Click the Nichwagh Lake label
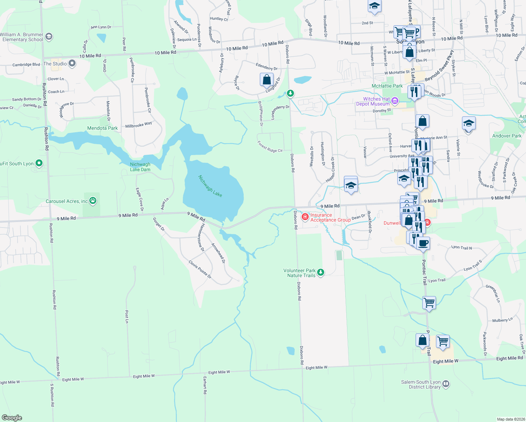coord(210,186)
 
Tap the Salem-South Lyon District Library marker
coord(445,384)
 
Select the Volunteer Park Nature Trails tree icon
coord(320,273)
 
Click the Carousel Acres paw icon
coord(93,201)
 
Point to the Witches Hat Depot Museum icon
coord(394,101)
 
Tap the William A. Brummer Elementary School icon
coord(49,36)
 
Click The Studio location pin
coord(72,64)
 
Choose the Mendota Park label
coord(102,128)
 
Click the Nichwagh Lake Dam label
coord(140,167)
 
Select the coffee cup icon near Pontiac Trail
coord(423,243)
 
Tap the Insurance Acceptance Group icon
coord(305,217)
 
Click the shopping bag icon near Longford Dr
coord(267,79)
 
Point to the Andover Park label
coord(507,136)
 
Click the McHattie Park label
coord(387,86)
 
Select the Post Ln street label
coord(127,316)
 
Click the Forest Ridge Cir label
coord(270,147)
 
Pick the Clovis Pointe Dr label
coord(200,269)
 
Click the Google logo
coord(12,417)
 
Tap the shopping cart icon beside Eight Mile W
coord(443,341)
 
